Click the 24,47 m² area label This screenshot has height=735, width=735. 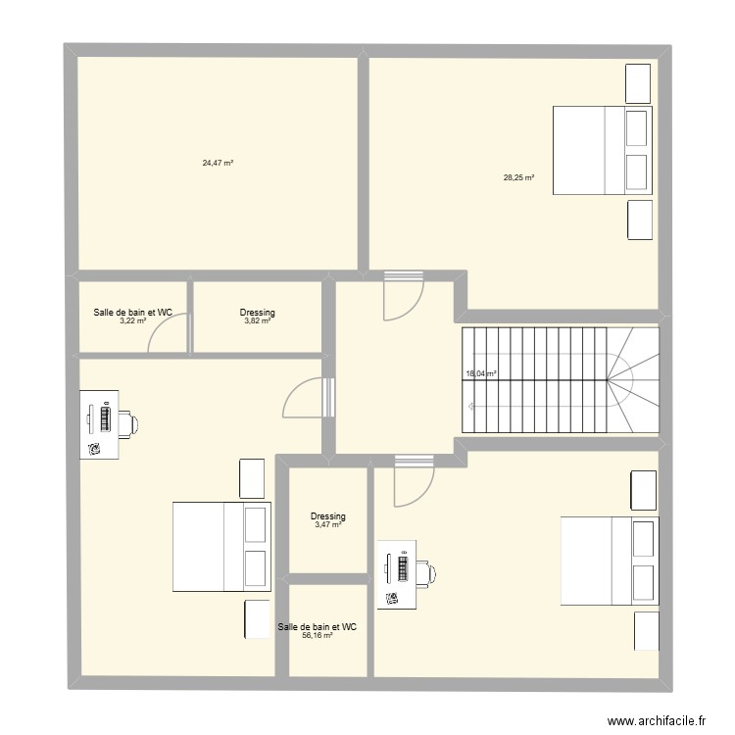pos(218,163)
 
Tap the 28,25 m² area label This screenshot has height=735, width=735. pos(518,178)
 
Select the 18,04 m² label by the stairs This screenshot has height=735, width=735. pos(480,373)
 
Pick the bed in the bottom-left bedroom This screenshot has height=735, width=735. pos(220,547)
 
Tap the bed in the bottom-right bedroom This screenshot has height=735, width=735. pos(608,560)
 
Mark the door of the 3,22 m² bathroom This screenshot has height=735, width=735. pos(168,336)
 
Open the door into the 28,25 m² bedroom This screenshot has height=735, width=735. pos(403,294)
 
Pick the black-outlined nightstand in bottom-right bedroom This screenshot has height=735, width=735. pos(644,490)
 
